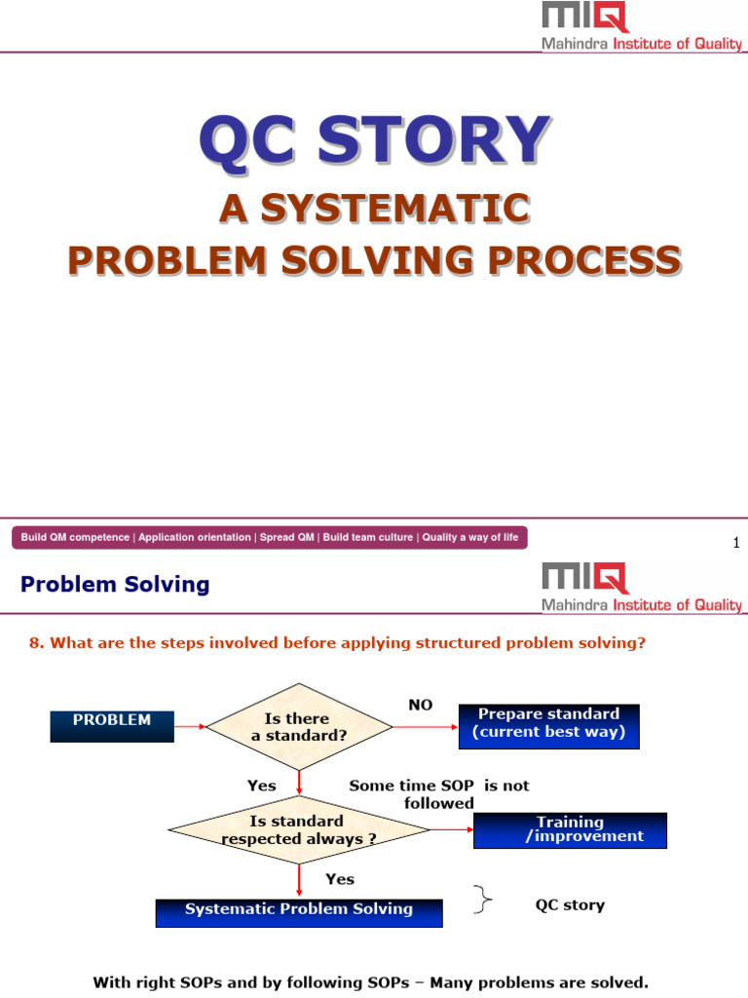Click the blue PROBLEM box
pyautogui.click(x=112, y=725)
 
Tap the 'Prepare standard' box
pyautogui.click(x=548, y=725)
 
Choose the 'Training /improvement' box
pyautogui.click(x=570, y=829)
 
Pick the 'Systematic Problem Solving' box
pyautogui.click(x=299, y=910)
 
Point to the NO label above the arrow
pyautogui.click(x=421, y=704)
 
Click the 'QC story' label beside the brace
pyautogui.click(x=570, y=905)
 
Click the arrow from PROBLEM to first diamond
pyautogui.click(x=190, y=726)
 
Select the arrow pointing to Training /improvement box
pyautogui.click(x=451, y=830)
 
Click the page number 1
pyautogui.click(x=736, y=543)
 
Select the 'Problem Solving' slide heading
pyautogui.click(x=115, y=585)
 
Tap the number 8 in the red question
pyautogui.click(x=34, y=643)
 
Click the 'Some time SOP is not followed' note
pyautogui.click(x=439, y=794)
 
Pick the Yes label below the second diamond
pyautogui.click(x=340, y=879)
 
